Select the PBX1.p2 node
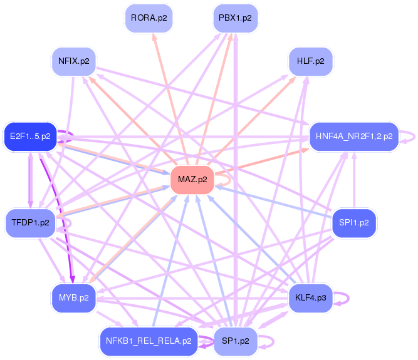tap(235, 18)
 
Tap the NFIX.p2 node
tap(73, 61)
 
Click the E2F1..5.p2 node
tap(30, 136)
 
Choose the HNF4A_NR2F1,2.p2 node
tap(354, 136)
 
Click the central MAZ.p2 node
tap(192, 180)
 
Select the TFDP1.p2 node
tap(30, 224)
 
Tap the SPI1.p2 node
tap(354, 222)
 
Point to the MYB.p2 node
tap(73, 297)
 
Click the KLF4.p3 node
tap(311, 297)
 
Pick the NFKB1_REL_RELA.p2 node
tap(149, 341)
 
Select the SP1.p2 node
tap(235, 341)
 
